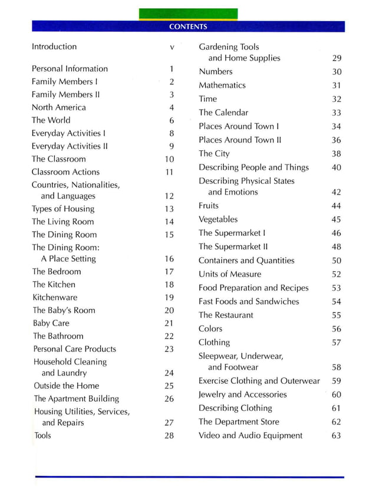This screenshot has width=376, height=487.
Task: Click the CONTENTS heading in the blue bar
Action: tap(188, 27)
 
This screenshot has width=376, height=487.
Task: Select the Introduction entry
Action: tap(54, 47)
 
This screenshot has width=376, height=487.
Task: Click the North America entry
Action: tap(58, 107)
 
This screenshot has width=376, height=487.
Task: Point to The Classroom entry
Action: tap(58, 159)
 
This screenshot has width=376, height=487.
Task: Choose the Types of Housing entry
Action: tap(62, 209)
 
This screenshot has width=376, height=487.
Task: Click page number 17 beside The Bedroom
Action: tap(169, 272)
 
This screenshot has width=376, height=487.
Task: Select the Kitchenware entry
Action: tap(54, 298)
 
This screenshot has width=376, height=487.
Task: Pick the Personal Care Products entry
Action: tap(74, 349)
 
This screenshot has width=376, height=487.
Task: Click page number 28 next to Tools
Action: tap(169, 436)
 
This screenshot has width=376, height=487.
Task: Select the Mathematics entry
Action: tap(222, 85)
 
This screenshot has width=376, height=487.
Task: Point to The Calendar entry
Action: tap(223, 113)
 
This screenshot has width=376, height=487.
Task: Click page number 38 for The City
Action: tap(336, 154)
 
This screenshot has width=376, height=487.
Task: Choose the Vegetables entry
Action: tap(218, 219)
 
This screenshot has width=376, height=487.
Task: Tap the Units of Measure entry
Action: tap(229, 274)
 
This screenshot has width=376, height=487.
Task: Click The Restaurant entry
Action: tap(226, 315)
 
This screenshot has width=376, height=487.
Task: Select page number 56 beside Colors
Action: tap(336, 329)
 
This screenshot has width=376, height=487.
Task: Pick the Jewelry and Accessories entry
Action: tap(242, 394)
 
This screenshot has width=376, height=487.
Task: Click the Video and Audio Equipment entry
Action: tap(250, 436)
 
